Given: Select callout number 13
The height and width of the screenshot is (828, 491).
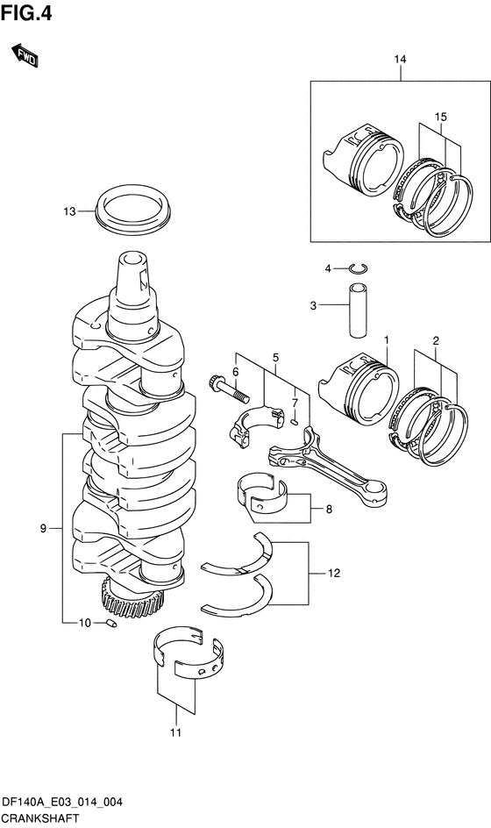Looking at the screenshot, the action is click(x=69, y=211).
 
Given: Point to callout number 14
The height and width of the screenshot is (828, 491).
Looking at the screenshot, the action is click(x=400, y=59).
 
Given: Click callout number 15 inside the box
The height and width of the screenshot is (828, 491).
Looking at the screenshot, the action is click(x=441, y=117).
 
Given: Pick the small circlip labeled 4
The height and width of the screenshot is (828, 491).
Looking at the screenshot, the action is click(x=359, y=269).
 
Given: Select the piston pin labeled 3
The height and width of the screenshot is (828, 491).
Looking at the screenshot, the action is click(x=358, y=310).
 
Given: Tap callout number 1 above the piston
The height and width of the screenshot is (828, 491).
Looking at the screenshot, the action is click(x=386, y=340).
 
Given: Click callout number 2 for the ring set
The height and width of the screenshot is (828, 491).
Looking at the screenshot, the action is click(x=436, y=340).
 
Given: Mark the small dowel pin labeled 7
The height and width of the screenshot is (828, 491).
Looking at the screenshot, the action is click(x=295, y=421).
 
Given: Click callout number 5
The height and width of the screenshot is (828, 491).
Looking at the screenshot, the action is click(x=275, y=358).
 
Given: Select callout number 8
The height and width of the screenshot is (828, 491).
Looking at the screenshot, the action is click(x=329, y=510).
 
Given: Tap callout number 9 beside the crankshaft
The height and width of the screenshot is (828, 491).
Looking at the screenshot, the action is click(x=43, y=528).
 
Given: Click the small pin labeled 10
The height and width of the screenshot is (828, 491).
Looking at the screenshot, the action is click(x=111, y=623).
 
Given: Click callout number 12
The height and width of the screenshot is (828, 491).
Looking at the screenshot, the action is click(x=334, y=573).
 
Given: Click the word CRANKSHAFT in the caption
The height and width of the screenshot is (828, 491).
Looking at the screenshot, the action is click(x=39, y=819).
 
